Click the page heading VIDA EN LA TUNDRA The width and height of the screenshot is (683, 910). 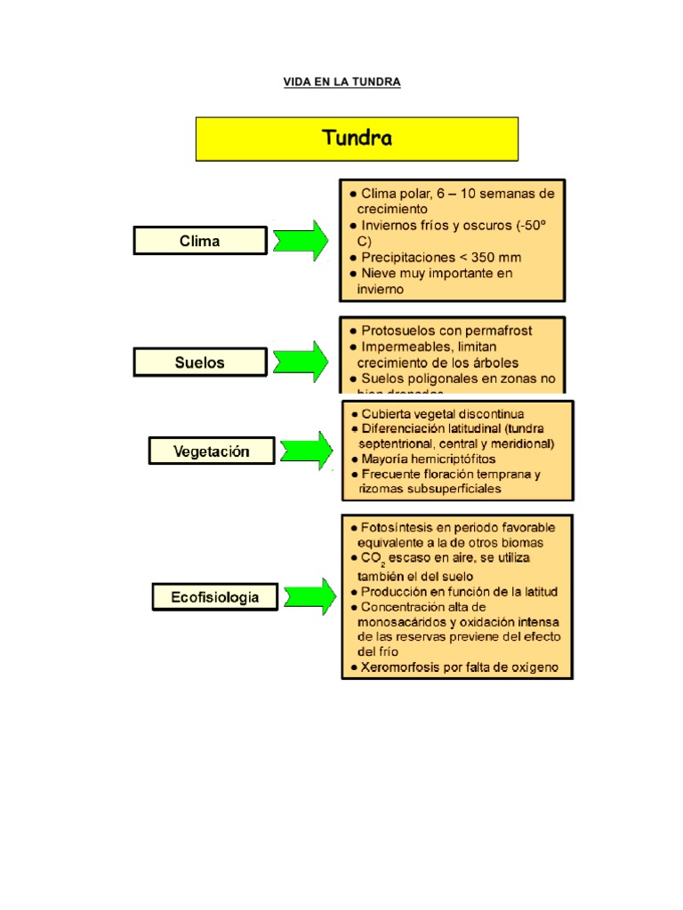coord(342,82)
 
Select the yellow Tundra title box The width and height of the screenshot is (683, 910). coord(357,140)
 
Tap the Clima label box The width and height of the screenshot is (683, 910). coord(200,241)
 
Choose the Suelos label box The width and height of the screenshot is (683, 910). coord(200,362)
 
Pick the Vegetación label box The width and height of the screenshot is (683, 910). coord(211,451)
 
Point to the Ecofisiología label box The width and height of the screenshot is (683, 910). coord(215,597)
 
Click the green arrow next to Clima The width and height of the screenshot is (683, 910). coord(301,241)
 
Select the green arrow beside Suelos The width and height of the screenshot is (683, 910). coord(301,362)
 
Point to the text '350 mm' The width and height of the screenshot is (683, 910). coord(498,257)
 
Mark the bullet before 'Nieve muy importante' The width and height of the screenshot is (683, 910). coord(353,274)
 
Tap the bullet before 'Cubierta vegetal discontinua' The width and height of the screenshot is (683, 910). coord(355,414)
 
